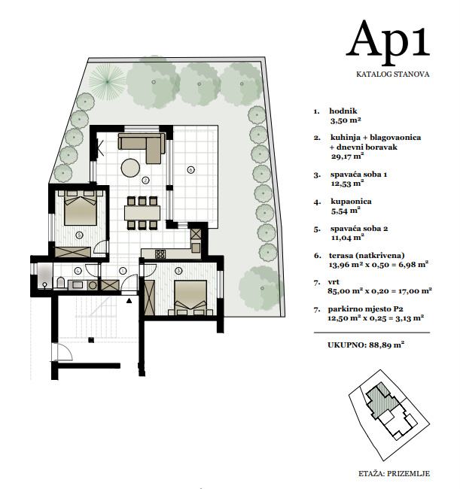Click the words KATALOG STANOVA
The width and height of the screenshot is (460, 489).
point(392,74)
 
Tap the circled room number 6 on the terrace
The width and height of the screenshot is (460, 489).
point(190,170)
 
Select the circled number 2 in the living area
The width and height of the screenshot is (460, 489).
point(145,180)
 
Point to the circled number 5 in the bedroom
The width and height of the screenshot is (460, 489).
point(79,235)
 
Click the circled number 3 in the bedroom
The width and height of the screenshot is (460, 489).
point(178,271)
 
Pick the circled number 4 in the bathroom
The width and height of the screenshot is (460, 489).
point(78,270)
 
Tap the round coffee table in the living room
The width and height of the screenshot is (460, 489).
point(130,168)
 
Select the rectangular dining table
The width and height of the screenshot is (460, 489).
point(142,213)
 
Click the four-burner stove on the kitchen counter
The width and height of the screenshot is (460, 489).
point(160,254)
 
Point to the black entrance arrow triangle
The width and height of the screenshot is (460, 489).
point(129,301)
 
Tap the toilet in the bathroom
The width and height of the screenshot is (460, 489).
point(60,283)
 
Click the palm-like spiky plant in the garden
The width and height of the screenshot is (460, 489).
point(107,81)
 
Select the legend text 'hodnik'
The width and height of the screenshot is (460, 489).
point(343,111)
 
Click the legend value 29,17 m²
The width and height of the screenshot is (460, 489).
point(348,156)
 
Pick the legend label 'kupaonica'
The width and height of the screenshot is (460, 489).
point(351,201)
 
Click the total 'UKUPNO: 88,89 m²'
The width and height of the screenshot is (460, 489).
point(366,345)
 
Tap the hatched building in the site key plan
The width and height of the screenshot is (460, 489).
point(382,400)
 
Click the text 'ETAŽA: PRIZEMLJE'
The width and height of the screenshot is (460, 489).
point(395,473)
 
